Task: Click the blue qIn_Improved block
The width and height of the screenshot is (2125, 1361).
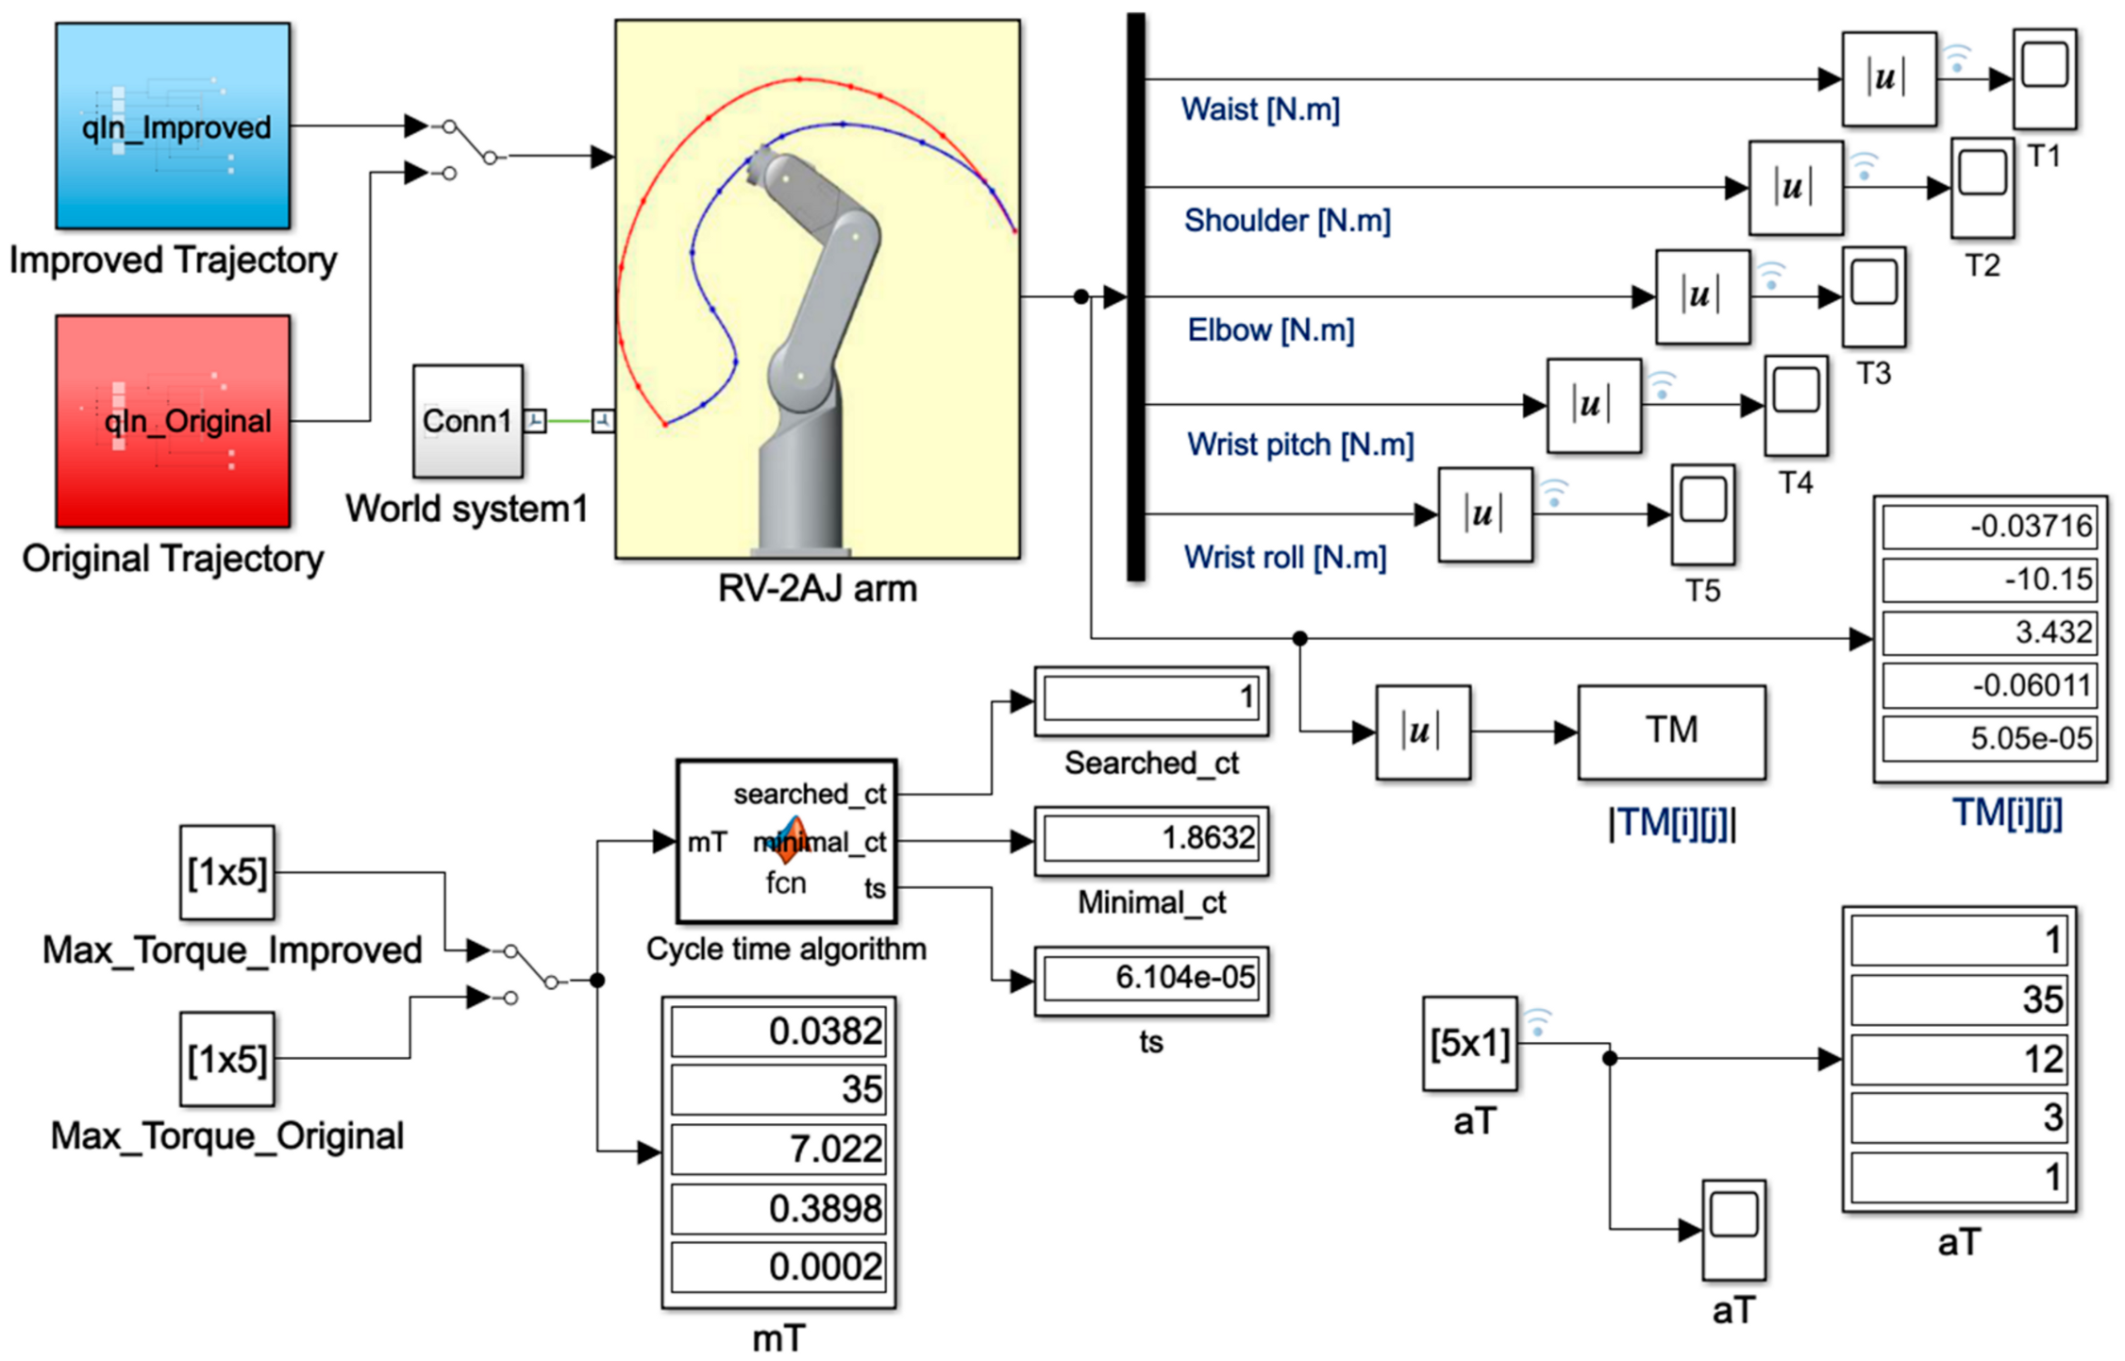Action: tap(173, 126)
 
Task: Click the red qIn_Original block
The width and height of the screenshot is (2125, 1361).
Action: tap(173, 420)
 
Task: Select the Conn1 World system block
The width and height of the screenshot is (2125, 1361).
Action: tap(467, 421)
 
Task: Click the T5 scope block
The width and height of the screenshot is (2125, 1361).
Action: tap(1702, 513)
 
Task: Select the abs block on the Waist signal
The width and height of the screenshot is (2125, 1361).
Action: tap(1888, 79)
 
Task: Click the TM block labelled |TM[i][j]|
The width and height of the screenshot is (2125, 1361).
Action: tap(1670, 731)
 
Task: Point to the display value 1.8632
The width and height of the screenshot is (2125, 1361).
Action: tap(1151, 839)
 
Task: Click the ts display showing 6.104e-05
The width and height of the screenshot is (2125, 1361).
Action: tap(1151, 979)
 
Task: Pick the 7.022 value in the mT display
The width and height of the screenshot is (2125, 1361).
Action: tap(778, 1149)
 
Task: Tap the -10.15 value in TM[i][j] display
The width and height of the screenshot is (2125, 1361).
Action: tap(1989, 579)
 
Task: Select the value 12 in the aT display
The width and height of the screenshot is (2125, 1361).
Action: tap(1959, 1059)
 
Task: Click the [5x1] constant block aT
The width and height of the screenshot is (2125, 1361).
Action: tap(1469, 1043)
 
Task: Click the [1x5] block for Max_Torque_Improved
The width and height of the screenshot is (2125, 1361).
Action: tap(226, 872)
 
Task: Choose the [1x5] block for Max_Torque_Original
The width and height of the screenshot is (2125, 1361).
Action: tap(226, 1059)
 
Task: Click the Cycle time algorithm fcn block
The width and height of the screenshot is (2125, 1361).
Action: tap(786, 841)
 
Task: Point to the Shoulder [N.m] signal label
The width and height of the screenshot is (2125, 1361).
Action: tap(1286, 221)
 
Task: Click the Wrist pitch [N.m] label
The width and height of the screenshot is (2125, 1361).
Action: tap(1299, 445)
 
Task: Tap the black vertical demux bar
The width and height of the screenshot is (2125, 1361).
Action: tap(1136, 296)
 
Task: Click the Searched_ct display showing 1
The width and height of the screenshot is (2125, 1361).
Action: tap(1151, 699)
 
